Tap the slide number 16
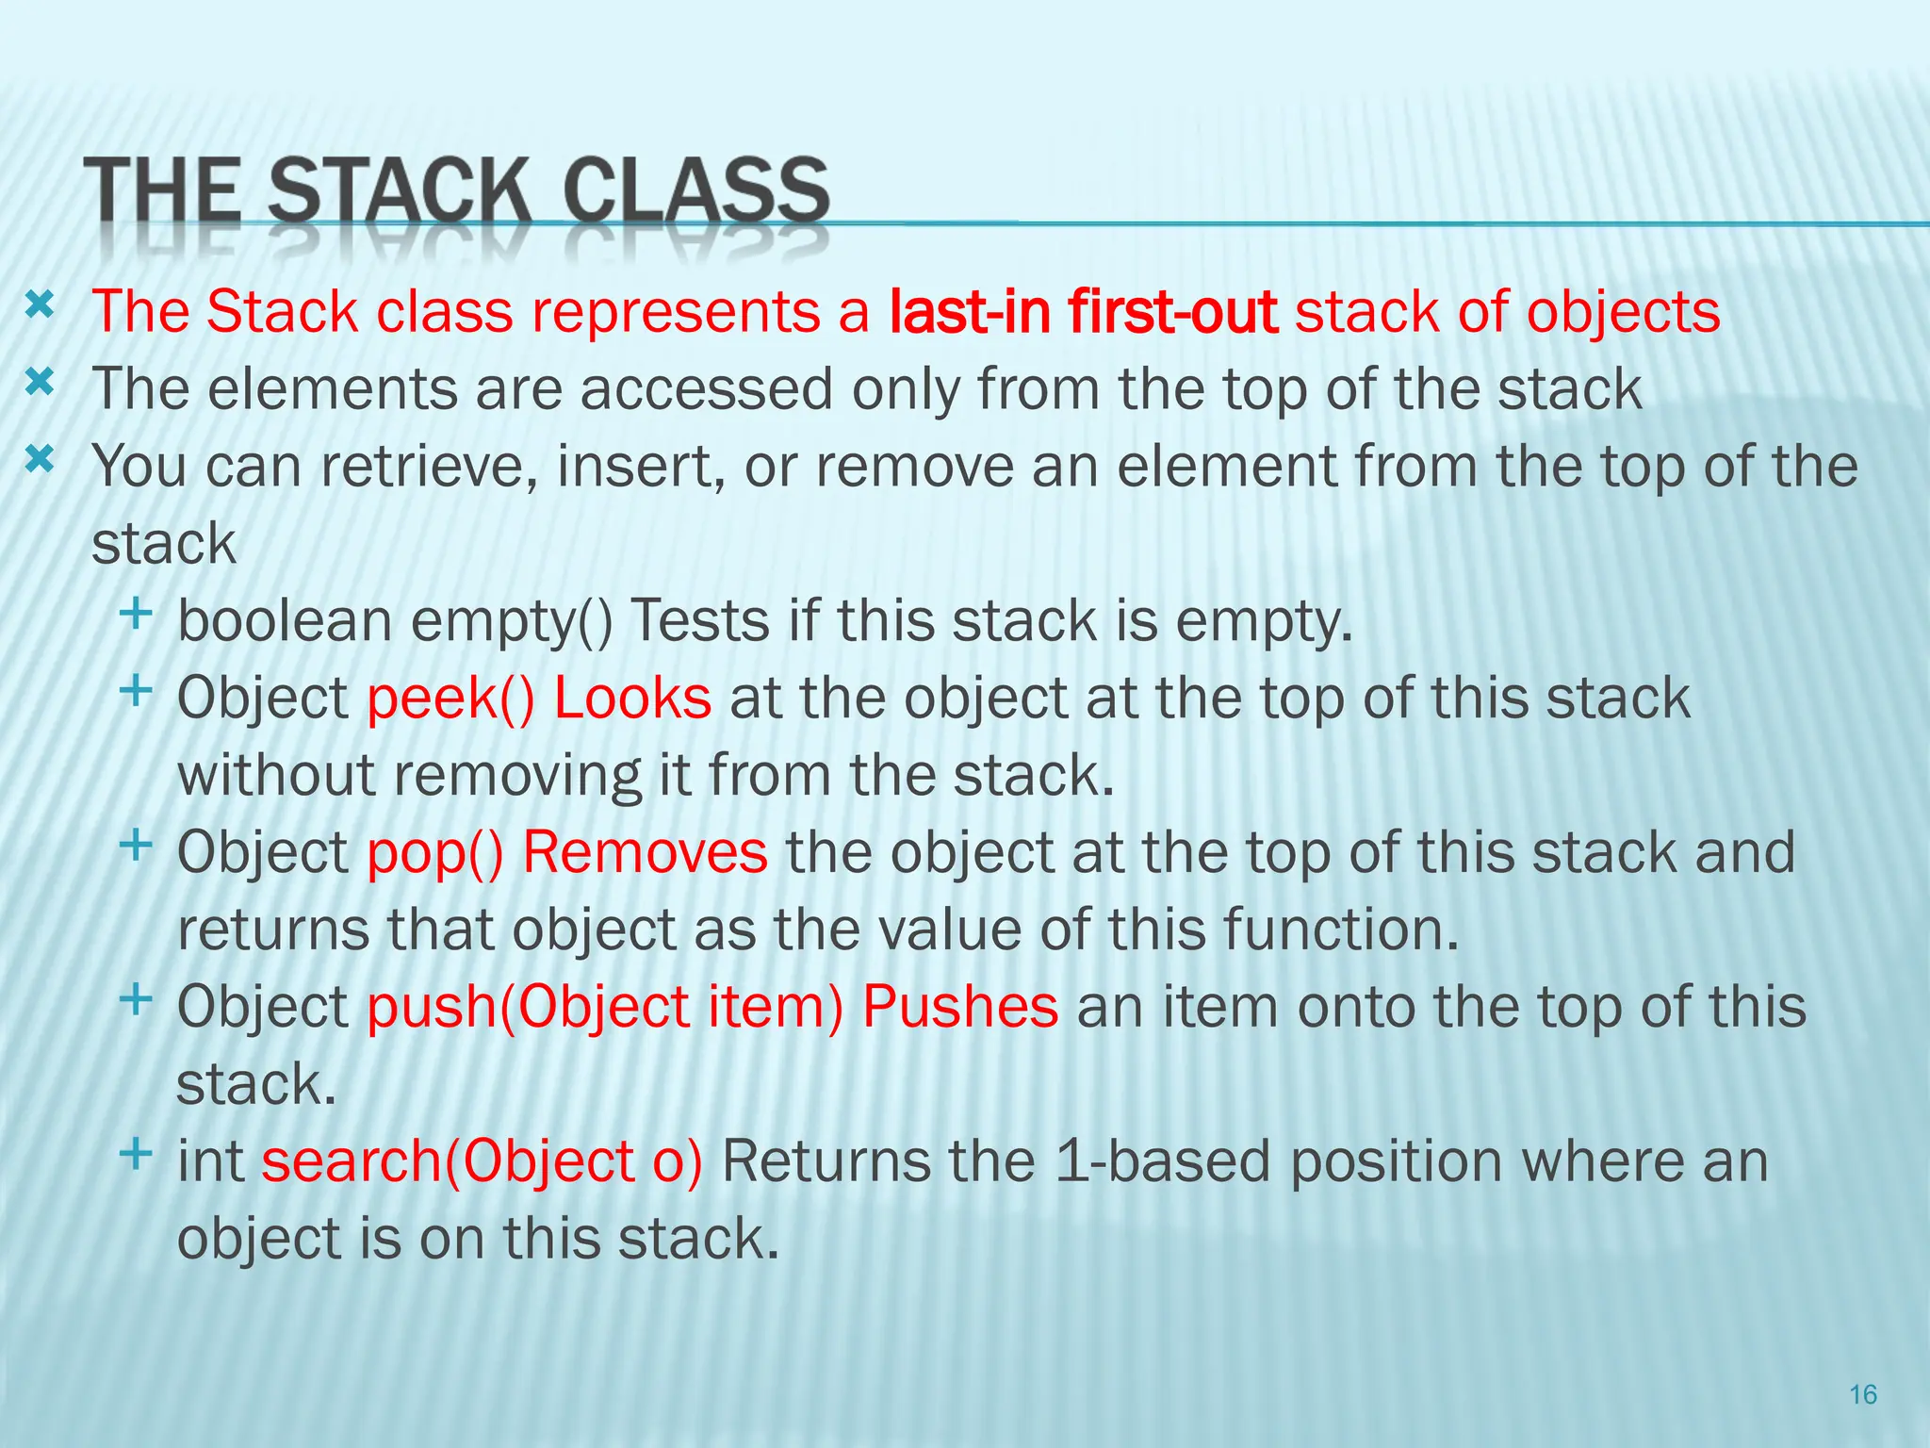tap(1863, 1394)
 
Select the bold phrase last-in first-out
tap(1083, 311)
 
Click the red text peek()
tap(450, 699)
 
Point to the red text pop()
tap(435, 853)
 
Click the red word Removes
tap(645, 853)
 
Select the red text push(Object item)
tap(605, 1007)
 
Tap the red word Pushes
tap(959, 1007)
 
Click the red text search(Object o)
tap(482, 1161)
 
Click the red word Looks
tap(632, 699)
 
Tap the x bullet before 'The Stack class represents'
tap(40, 304)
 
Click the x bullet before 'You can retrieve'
tap(40, 460)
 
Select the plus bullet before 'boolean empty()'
tap(137, 614)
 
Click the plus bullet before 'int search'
tap(137, 1153)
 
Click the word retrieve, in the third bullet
tap(428, 467)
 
